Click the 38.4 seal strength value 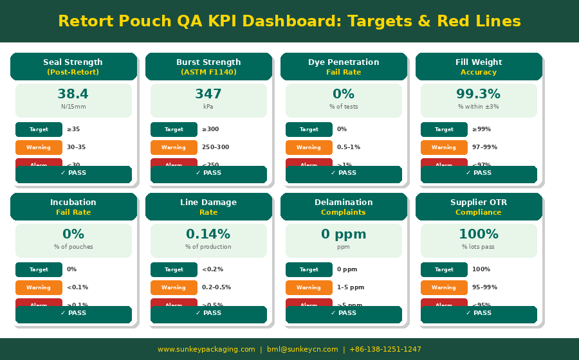(x=73, y=94)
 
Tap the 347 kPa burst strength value (x=208, y=94)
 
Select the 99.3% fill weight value (x=479, y=94)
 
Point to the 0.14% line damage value (x=208, y=235)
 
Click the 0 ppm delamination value (x=344, y=235)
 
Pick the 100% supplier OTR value (x=479, y=235)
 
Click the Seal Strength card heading (x=73, y=62)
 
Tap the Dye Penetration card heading (x=344, y=62)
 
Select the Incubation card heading (x=73, y=203)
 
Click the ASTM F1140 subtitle (x=208, y=73)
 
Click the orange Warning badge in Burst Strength (x=174, y=147)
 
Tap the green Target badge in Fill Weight (x=444, y=129)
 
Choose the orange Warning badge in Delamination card (x=309, y=287)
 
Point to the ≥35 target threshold (x=73, y=129)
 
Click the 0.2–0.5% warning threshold (x=216, y=287)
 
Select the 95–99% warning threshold (x=484, y=287)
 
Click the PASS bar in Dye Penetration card (x=344, y=174)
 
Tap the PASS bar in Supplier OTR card (x=479, y=314)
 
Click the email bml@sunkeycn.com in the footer (x=302, y=350)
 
